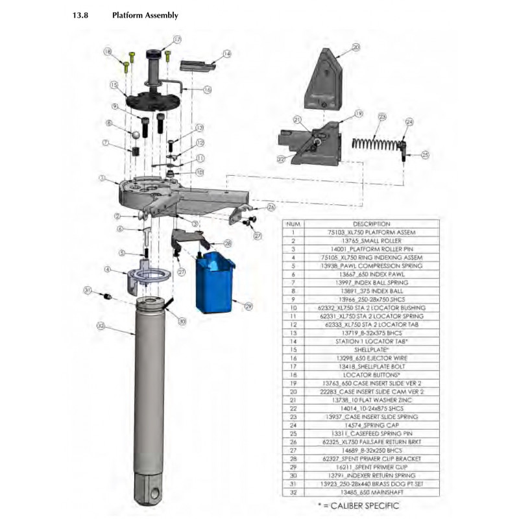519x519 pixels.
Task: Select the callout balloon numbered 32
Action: [100, 325]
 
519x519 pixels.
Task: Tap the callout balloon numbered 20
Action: [356, 47]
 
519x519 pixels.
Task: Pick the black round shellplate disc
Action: [152, 101]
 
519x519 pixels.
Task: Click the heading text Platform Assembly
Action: [145, 15]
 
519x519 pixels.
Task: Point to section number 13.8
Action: [80, 15]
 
